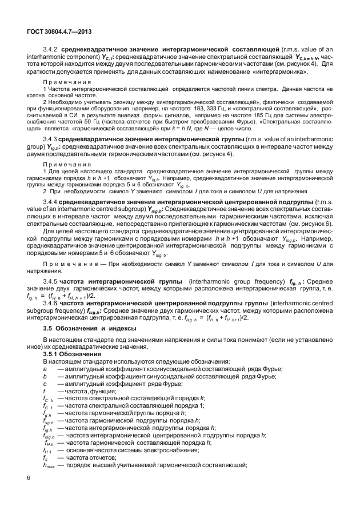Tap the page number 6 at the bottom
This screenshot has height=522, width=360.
[x=29, y=477]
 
